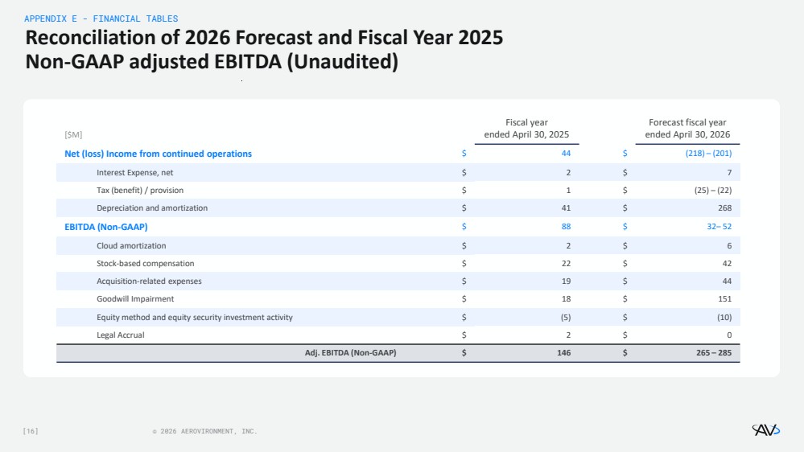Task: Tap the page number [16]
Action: (31, 432)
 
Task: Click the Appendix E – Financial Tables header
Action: (101, 18)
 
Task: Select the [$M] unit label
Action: (73, 134)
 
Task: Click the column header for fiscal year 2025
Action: (526, 129)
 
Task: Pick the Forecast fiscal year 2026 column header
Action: (687, 129)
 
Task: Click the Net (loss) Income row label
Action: (158, 154)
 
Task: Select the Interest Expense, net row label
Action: (134, 172)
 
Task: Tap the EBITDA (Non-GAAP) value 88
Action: (566, 227)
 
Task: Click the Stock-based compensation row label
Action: (145, 263)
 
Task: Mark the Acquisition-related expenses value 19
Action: (566, 281)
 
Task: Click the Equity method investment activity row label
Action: (194, 317)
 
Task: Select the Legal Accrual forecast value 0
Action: (728, 335)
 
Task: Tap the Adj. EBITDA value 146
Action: (563, 352)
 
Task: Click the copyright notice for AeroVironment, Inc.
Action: (204, 432)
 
